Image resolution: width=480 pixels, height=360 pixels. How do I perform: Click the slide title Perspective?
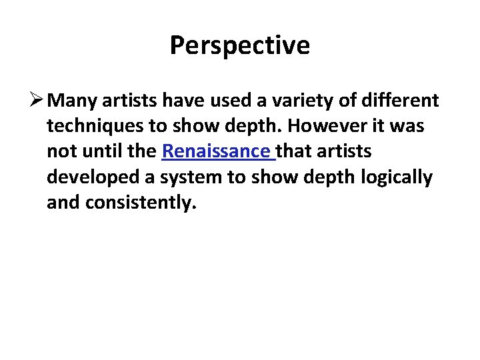239,45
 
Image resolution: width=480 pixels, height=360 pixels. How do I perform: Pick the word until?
101,151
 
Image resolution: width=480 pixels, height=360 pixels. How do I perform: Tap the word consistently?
141,203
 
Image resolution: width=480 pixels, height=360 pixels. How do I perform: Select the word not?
59,151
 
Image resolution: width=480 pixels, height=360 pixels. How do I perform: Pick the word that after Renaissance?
296,151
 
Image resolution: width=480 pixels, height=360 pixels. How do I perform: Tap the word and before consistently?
63,203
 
